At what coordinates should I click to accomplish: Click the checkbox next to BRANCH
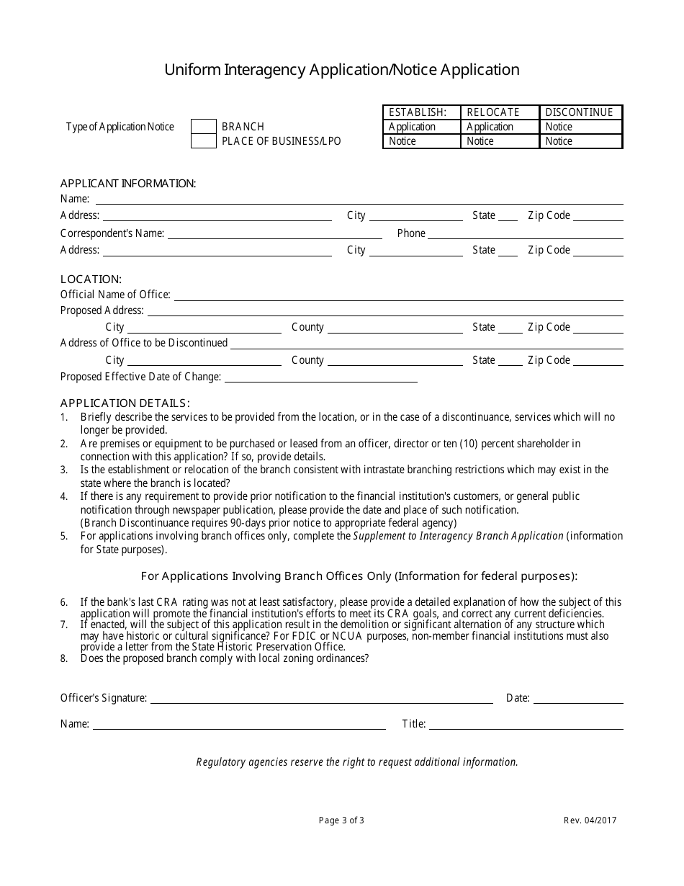tap(204, 126)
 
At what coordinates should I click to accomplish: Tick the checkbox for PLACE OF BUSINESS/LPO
tap(204, 141)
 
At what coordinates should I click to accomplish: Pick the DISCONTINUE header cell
tap(580, 112)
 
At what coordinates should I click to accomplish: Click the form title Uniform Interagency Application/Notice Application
tap(342, 70)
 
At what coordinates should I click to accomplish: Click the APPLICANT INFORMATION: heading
tap(128, 184)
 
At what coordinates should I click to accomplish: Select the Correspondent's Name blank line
tap(274, 234)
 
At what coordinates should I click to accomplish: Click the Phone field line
tap(526, 234)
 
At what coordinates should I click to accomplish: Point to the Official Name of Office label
tap(115, 295)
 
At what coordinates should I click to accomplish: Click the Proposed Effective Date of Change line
tap(321, 377)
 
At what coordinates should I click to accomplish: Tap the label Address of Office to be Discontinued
tap(144, 343)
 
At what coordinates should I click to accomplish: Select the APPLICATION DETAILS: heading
tap(125, 403)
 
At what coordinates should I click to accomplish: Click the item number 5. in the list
tap(64, 536)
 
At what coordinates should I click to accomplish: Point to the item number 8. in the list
tap(64, 658)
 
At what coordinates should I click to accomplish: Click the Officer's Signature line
tap(321, 699)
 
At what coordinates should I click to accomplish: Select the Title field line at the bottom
tap(526, 725)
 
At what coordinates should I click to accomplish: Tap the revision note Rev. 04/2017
tap(590, 820)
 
